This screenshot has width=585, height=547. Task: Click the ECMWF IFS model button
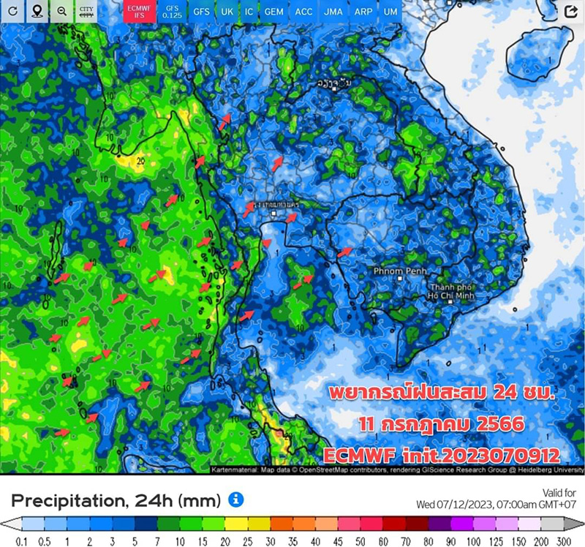(x=135, y=12)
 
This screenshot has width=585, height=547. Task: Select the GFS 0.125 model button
(x=173, y=12)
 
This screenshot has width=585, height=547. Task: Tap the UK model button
(x=227, y=12)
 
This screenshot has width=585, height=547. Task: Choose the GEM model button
(x=274, y=12)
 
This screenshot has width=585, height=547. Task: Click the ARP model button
(x=363, y=12)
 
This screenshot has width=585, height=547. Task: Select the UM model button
(x=391, y=12)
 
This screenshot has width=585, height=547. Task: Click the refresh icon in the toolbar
(x=12, y=12)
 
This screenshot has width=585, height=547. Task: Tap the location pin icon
(x=37, y=12)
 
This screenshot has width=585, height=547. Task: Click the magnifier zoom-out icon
(x=62, y=12)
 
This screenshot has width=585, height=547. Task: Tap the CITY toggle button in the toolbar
(x=86, y=12)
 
